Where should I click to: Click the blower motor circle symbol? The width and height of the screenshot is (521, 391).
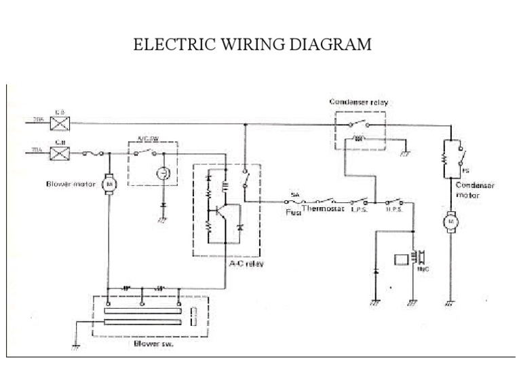[x=108, y=183]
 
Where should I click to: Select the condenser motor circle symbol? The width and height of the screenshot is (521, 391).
[x=450, y=221]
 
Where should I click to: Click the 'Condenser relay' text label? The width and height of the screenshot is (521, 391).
[x=360, y=102]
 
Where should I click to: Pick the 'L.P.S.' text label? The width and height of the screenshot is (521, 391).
[x=359, y=210]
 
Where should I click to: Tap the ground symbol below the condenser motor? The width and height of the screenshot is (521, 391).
[x=449, y=305]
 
